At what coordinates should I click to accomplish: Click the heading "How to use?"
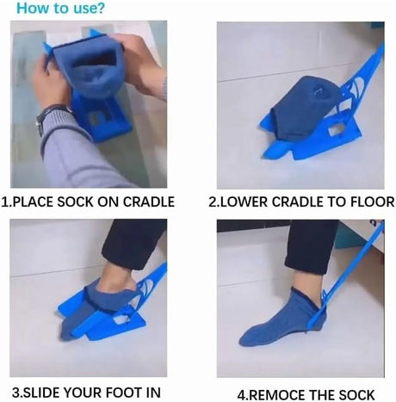coord(61,8)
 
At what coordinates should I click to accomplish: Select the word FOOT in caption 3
coord(124,393)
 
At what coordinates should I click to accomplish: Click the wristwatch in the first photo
coord(53,116)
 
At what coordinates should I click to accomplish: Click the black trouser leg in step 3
coord(135,244)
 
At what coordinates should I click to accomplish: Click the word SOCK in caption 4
coord(356,395)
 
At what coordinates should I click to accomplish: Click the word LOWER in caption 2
coord(243,202)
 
